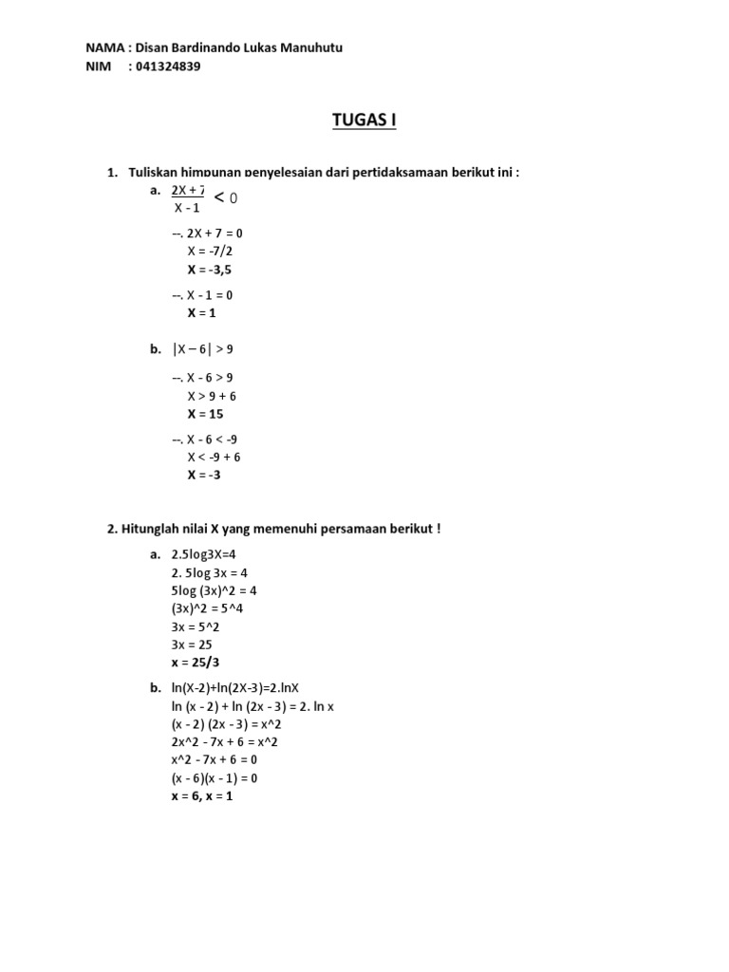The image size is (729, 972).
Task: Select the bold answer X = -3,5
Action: (209, 269)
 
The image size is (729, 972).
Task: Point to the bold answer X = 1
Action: (202, 312)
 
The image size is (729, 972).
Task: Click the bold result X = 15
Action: (205, 414)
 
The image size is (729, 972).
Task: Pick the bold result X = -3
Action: (204, 475)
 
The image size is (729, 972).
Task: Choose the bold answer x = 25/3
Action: (201, 663)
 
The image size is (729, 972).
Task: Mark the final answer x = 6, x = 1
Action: (201, 796)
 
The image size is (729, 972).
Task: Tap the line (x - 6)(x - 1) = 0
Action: (214, 778)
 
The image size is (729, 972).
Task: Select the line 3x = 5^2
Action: (197, 626)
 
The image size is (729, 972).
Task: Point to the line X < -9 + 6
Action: (214, 457)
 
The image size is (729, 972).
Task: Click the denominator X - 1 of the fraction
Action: (187, 208)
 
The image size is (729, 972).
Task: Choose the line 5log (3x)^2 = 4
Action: (214, 590)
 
